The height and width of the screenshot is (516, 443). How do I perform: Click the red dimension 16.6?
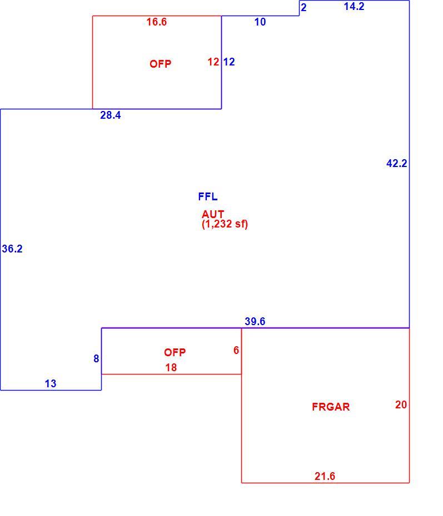[x=157, y=22]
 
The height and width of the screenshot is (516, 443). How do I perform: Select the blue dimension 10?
[x=260, y=22]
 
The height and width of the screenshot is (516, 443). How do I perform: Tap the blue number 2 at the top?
[x=304, y=8]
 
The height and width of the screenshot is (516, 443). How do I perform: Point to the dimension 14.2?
[x=354, y=6]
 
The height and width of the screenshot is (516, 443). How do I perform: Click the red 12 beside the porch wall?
[x=213, y=62]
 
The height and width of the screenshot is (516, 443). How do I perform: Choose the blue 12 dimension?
[x=229, y=62]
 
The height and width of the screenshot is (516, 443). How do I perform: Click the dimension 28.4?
[x=111, y=115]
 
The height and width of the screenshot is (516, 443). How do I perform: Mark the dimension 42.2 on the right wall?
[x=396, y=163]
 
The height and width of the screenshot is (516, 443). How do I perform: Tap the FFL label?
[x=208, y=197]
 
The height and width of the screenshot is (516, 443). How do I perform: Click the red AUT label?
[x=213, y=214]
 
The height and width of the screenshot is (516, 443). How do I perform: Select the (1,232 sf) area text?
[x=225, y=224]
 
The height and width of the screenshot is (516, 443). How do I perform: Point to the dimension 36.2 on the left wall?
[x=12, y=249]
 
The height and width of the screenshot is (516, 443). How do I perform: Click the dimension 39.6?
[x=255, y=321]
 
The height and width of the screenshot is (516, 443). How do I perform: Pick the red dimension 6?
[x=236, y=351]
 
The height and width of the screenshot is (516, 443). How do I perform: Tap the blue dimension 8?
[x=96, y=358]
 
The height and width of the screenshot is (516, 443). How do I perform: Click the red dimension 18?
[x=171, y=368]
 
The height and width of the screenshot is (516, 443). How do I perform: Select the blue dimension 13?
[x=51, y=384]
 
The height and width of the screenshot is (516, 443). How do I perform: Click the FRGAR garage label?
[x=331, y=407]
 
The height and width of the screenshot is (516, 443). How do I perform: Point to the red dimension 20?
[x=401, y=405]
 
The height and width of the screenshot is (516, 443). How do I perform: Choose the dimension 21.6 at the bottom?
[x=325, y=476]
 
